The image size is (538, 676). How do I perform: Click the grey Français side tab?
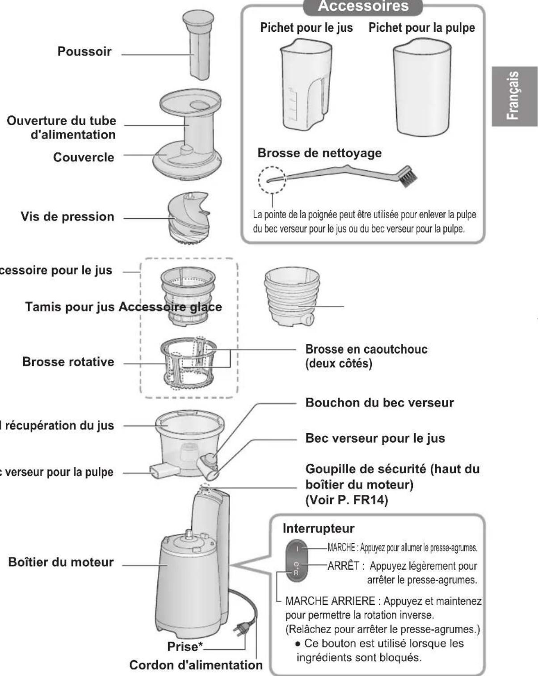click(514, 96)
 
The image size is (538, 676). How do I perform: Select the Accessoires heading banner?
click(363, 7)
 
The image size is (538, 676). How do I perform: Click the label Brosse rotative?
click(68, 362)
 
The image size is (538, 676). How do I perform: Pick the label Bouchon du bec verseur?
click(379, 402)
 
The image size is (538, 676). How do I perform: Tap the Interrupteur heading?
click(318, 528)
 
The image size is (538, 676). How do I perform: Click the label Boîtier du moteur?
click(61, 562)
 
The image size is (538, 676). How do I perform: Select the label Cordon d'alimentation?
click(196, 665)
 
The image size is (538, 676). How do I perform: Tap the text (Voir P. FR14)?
click(346, 499)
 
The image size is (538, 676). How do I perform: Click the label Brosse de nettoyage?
click(319, 153)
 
